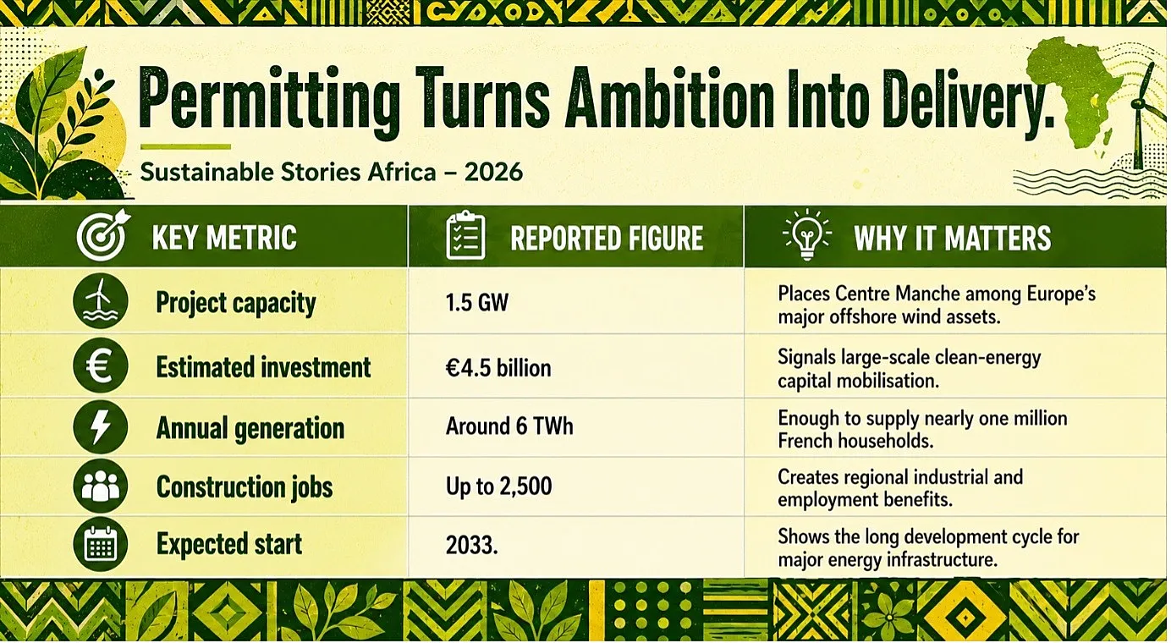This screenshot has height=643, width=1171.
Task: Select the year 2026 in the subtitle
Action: [493, 172]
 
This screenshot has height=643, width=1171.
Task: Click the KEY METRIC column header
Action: [224, 238]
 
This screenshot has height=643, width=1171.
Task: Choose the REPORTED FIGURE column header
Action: [607, 239]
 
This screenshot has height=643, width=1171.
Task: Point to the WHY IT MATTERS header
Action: [952, 239]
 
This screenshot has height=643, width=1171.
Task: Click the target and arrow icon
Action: [103, 236]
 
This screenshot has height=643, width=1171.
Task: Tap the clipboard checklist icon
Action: [465, 235]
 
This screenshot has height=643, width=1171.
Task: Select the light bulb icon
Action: [807, 234]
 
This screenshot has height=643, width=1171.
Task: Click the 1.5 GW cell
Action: [476, 303]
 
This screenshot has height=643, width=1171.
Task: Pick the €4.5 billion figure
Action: [498, 368]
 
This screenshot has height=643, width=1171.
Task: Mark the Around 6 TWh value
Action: [509, 426]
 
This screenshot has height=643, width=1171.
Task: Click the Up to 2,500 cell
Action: [498, 486]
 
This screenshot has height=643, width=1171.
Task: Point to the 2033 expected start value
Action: [471, 546]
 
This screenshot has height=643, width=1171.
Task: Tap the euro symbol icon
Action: [101, 365]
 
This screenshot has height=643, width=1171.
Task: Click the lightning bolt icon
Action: [101, 426]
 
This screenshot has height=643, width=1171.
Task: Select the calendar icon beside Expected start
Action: [101, 544]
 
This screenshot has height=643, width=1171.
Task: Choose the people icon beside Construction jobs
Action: [101, 486]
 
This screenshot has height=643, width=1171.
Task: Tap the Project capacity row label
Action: [236, 303]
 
